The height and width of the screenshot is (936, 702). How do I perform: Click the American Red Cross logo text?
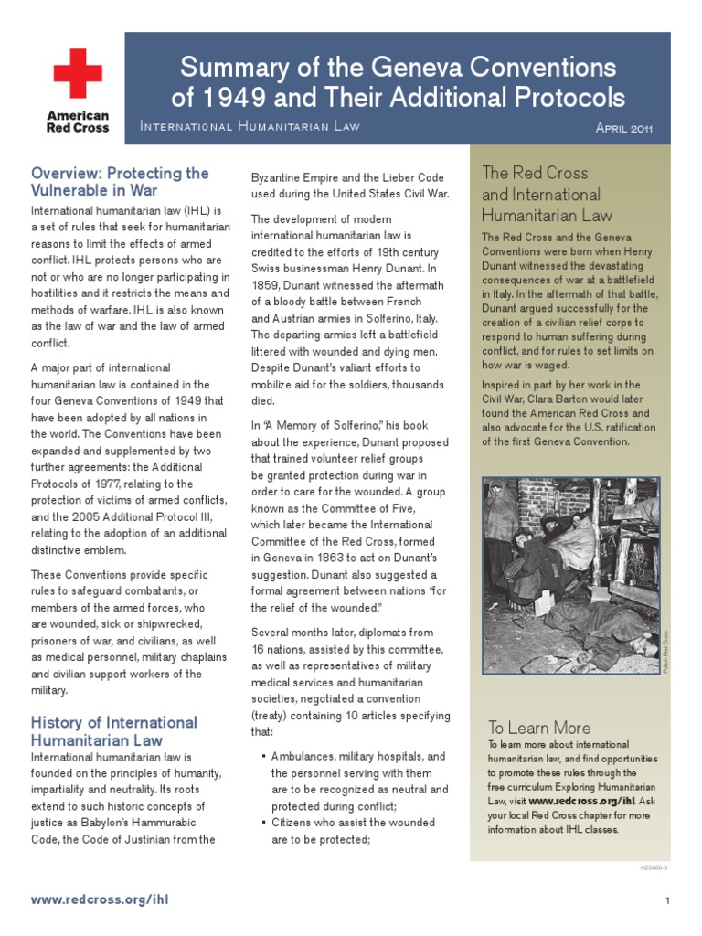point(78,122)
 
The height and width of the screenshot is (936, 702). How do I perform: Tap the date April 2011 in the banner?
point(623,127)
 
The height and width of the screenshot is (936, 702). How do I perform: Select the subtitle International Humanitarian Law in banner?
point(250,126)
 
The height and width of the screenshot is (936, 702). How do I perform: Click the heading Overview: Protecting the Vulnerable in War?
point(120,182)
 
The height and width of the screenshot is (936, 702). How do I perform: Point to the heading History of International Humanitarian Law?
point(114,731)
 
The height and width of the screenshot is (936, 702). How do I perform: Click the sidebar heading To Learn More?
point(538,728)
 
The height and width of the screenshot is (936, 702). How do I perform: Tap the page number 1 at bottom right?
point(668,900)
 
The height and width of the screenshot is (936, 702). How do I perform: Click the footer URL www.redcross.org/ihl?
point(100,899)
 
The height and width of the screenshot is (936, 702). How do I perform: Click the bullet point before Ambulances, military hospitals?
point(263,757)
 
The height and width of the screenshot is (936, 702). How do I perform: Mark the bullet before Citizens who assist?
point(263,823)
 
